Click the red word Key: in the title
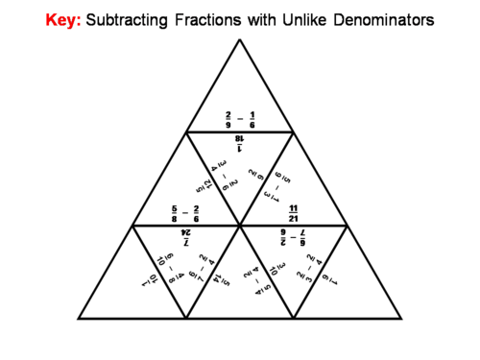click(64, 19)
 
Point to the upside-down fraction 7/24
click(186, 236)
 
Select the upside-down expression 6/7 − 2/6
click(294, 236)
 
